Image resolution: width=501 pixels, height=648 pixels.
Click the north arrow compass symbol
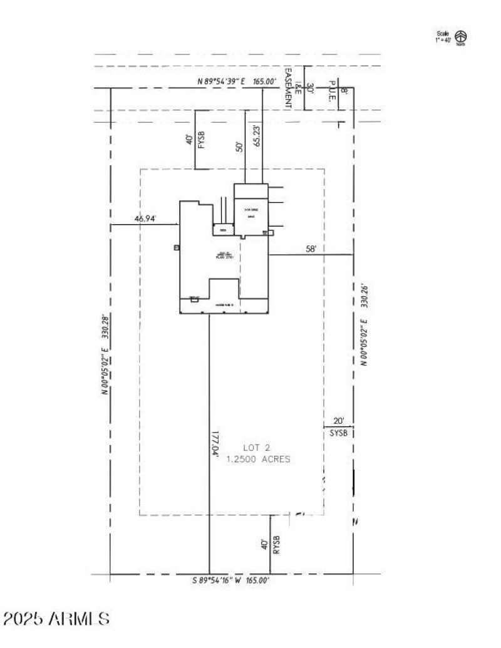coord(461,37)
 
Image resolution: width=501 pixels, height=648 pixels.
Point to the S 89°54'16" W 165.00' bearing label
coord(231,581)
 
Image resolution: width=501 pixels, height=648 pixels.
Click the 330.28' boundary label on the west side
coord(106,354)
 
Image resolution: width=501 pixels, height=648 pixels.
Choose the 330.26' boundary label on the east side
coord(363,326)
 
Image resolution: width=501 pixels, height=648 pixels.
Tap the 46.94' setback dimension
coord(145,219)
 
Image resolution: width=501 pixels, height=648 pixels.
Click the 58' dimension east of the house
coord(311,249)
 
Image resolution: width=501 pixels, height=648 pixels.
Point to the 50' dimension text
coord(239,147)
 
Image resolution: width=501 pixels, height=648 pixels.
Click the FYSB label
coord(202,137)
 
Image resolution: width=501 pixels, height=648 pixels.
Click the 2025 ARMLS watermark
coord(56,619)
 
